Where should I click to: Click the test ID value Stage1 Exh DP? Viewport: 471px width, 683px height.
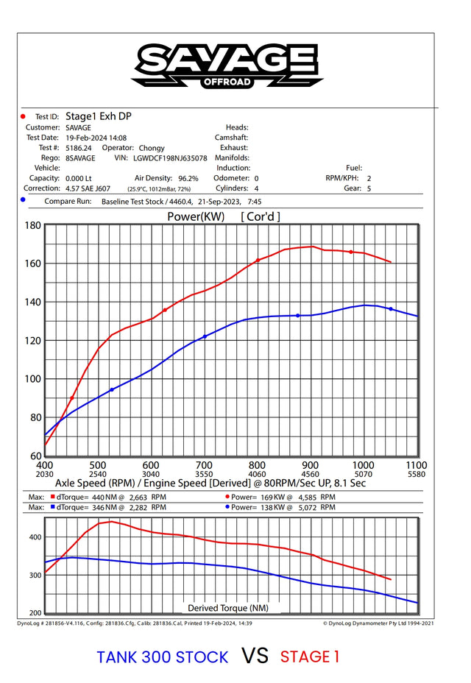(99, 116)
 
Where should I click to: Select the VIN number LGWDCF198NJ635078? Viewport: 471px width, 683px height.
(169, 158)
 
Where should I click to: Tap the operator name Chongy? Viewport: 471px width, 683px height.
(152, 148)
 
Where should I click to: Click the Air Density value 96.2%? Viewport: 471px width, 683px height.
(188, 178)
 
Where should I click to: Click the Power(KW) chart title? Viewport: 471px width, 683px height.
(196, 216)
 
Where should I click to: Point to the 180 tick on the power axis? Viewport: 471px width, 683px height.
(32, 225)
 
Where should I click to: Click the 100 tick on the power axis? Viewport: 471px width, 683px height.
(32, 379)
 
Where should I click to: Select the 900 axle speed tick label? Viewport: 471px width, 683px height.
(310, 465)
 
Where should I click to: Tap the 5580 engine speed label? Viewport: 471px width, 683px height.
(417, 474)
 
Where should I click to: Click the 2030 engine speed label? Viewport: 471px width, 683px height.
(44, 474)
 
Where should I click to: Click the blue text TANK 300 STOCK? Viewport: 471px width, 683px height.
(163, 657)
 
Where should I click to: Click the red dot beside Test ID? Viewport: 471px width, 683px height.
(23, 116)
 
